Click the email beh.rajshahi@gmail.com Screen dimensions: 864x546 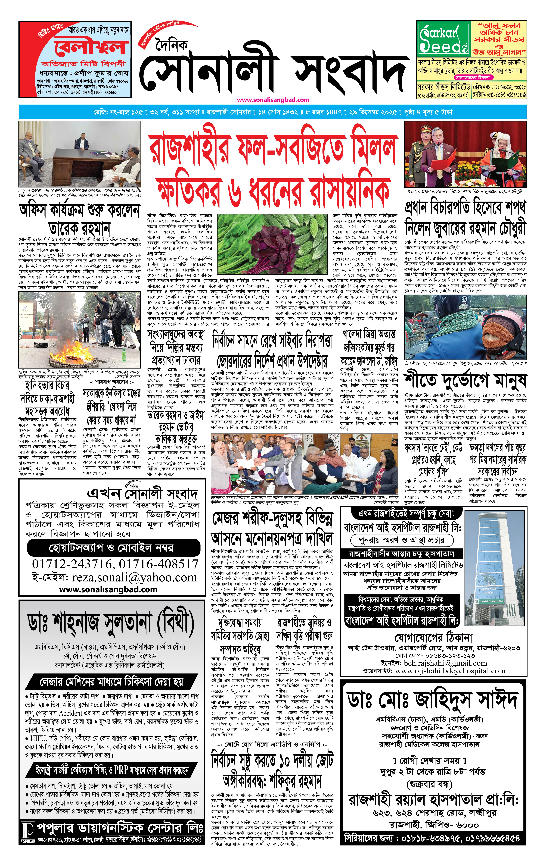[445, 663]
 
